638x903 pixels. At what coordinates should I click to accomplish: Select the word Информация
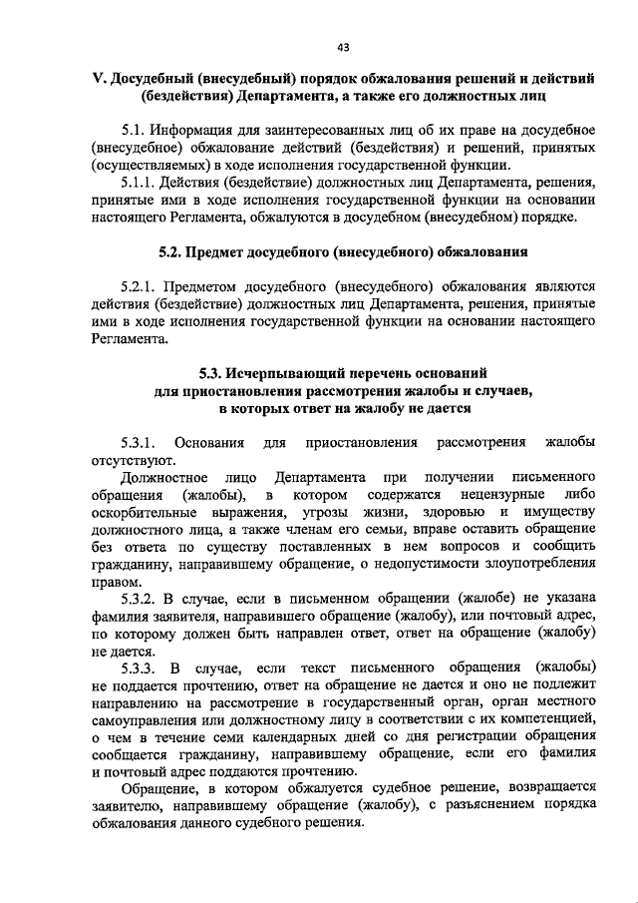pos(197,131)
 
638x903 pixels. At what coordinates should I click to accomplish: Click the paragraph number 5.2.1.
pos(141,286)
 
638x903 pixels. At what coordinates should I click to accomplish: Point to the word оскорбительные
pos(152,513)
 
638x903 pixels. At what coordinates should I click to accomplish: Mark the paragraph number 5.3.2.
pos(141,600)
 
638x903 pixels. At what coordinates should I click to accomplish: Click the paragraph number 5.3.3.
pos(141,668)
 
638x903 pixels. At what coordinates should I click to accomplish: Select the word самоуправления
pos(150,719)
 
